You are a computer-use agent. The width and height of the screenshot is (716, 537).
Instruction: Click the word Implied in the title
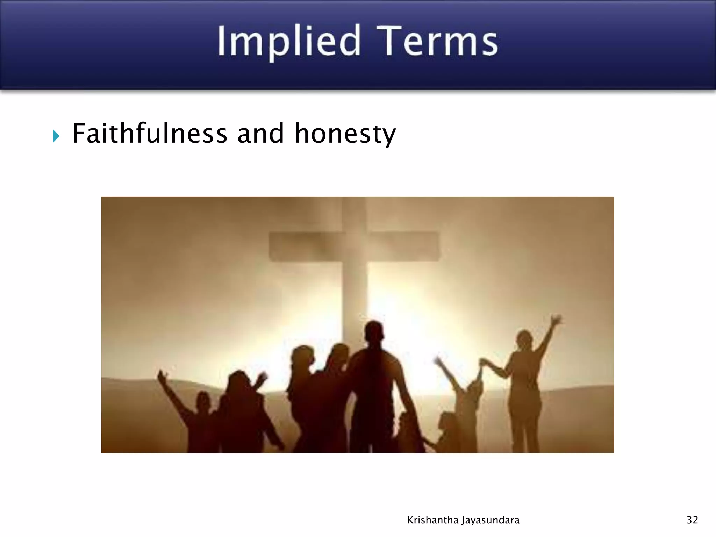coord(289,42)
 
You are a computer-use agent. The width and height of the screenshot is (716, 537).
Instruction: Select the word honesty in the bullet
coord(345,134)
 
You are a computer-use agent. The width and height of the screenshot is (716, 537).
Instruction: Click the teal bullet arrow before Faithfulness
coord(56,136)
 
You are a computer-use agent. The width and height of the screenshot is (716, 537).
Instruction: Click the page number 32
coord(692,520)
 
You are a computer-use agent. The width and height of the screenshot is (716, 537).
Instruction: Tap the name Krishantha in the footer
coord(432,520)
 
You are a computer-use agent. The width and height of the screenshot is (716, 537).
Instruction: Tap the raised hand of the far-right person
coord(555,320)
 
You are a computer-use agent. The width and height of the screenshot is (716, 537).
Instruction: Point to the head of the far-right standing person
coord(524,339)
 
